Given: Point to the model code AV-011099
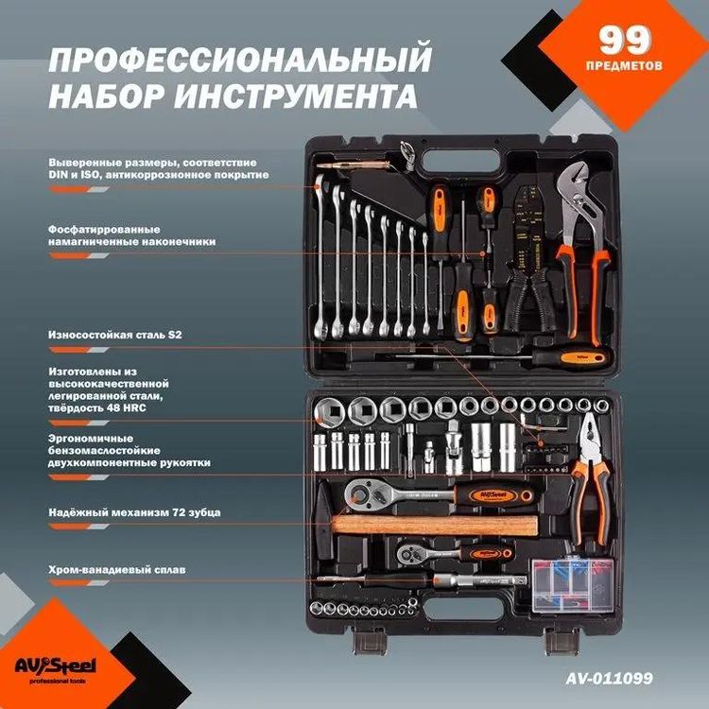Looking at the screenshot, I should (609, 678).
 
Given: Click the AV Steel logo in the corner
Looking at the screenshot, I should (62, 665).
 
